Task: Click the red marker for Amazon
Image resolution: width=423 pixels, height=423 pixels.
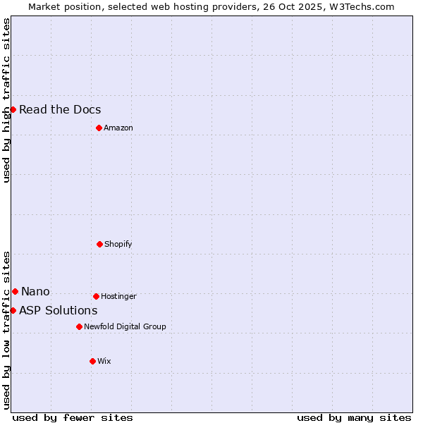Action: click(99, 128)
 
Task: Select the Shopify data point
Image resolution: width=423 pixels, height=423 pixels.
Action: click(99, 244)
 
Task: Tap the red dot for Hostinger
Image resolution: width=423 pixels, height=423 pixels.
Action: click(96, 296)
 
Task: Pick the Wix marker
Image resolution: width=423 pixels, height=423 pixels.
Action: click(92, 361)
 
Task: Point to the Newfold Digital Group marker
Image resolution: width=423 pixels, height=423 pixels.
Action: click(79, 326)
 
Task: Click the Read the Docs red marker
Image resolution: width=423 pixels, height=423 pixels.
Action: click(13, 109)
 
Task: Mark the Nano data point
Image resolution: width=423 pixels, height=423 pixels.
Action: click(15, 291)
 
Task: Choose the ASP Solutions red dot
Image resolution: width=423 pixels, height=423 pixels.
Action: click(13, 310)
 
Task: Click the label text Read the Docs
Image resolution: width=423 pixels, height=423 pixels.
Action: click(60, 109)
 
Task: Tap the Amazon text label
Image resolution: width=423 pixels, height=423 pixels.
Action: click(118, 128)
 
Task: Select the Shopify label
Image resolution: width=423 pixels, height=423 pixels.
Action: click(118, 244)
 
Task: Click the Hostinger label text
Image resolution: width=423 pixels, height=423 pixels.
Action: click(118, 296)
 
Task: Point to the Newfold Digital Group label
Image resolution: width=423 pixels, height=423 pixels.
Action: click(125, 326)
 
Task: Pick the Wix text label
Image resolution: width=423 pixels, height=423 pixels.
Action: click(104, 361)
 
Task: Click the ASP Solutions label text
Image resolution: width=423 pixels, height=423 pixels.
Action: click(58, 310)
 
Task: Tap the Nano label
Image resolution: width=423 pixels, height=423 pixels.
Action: click(35, 291)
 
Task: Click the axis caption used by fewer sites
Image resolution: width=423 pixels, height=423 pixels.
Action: click(73, 417)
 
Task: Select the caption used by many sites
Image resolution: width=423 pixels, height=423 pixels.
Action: click(354, 417)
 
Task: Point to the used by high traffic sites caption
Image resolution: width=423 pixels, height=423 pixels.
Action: click(6, 100)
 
